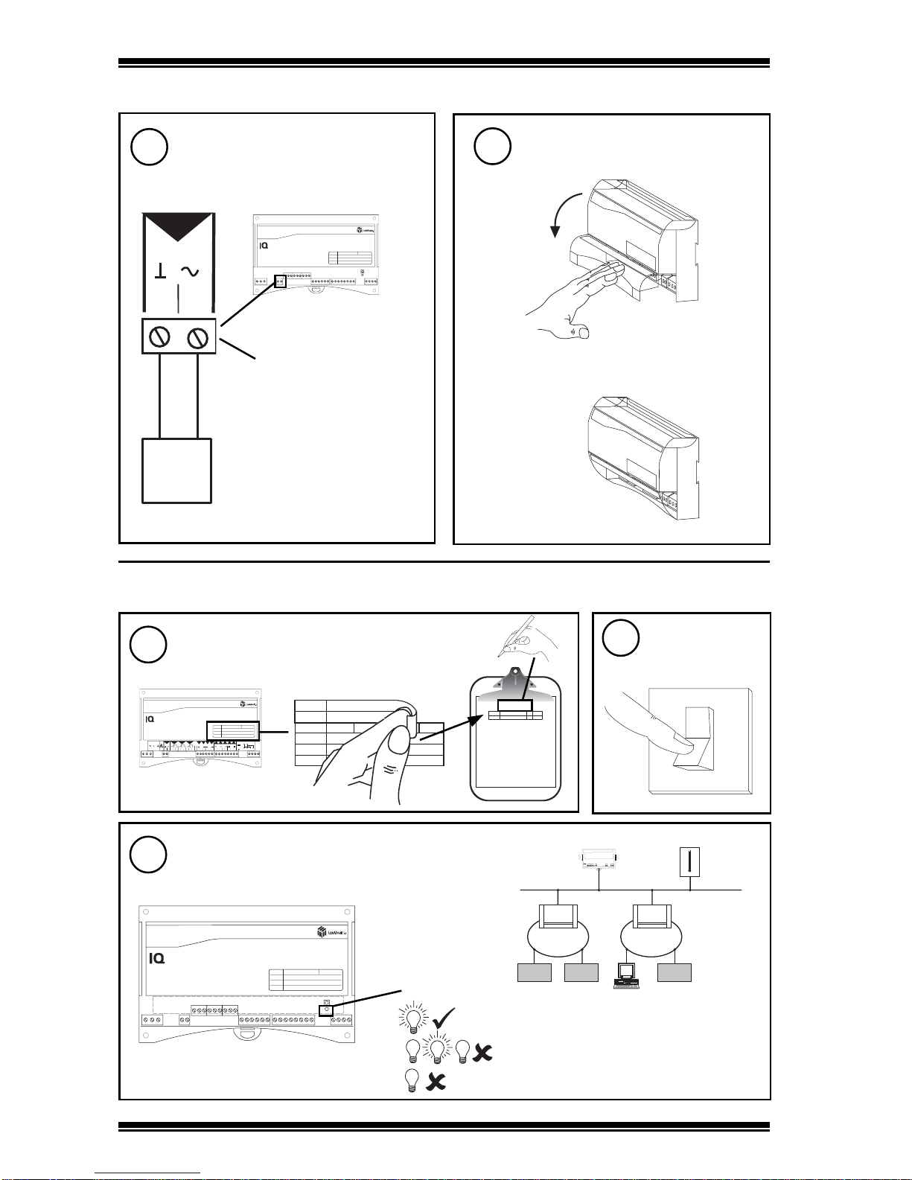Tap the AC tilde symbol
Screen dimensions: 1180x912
190,272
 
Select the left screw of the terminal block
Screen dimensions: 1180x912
160,337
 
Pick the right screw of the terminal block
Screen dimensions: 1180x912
197,338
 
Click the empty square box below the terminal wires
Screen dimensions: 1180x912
176,471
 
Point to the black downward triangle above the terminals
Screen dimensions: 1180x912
178,228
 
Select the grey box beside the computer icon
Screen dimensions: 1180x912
674,972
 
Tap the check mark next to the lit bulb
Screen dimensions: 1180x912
444,1017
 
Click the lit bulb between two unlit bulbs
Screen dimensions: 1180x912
439,1050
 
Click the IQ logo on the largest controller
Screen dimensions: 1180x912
156,958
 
